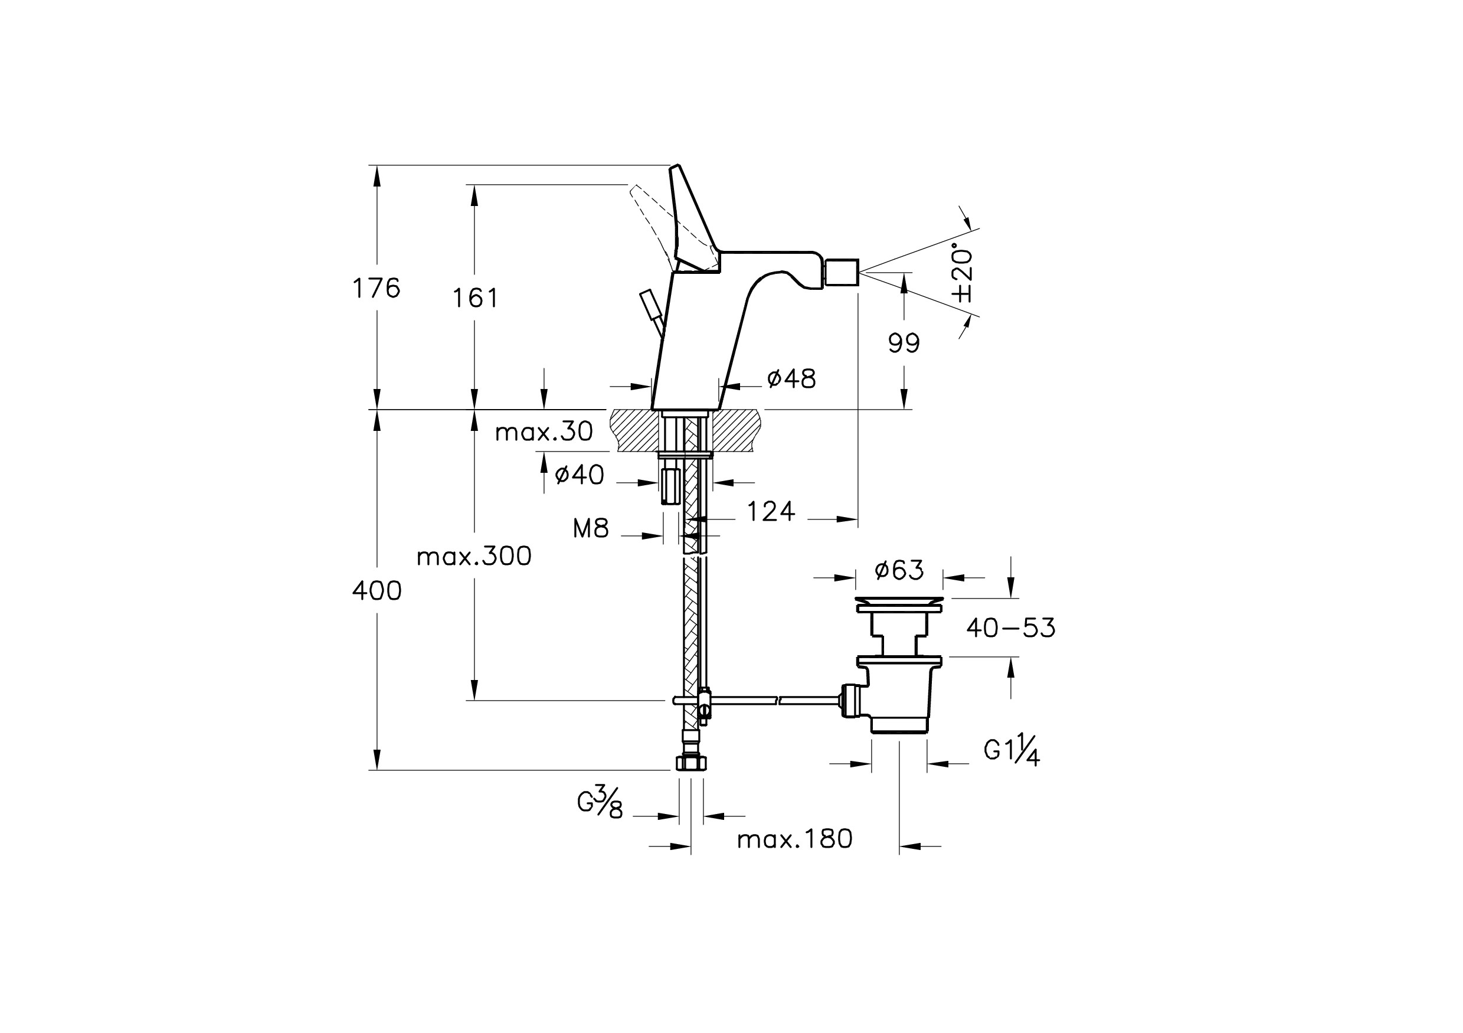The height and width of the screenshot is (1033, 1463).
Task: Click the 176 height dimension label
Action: [x=377, y=289]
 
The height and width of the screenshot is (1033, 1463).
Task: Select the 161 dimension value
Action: [x=475, y=298]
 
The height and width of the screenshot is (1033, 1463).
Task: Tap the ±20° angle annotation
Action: [x=962, y=273]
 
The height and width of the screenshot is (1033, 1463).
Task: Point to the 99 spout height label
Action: [x=904, y=344]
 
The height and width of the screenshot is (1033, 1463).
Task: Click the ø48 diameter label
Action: [x=791, y=379]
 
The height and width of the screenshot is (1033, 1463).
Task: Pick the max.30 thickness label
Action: [x=544, y=433]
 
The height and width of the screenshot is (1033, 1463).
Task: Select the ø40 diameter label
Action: [x=579, y=475]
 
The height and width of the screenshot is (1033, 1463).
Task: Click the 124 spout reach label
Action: [x=771, y=512]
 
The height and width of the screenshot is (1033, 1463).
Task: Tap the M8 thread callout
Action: [x=591, y=528]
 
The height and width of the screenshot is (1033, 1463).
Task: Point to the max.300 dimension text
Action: [x=474, y=557]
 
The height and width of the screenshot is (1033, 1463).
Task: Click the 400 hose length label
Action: [x=377, y=591]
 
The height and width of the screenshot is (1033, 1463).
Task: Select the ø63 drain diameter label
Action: [x=899, y=570]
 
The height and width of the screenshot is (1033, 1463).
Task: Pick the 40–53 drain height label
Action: [x=1010, y=628]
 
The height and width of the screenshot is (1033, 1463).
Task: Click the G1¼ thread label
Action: [x=1012, y=751]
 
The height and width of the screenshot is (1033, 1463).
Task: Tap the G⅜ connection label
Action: [x=600, y=803]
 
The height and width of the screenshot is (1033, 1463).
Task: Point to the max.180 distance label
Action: [x=794, y=840]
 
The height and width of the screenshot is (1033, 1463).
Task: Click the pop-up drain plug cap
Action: [x=899, y=602]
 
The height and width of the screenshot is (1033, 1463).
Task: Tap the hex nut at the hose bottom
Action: [x=690, y=763]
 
